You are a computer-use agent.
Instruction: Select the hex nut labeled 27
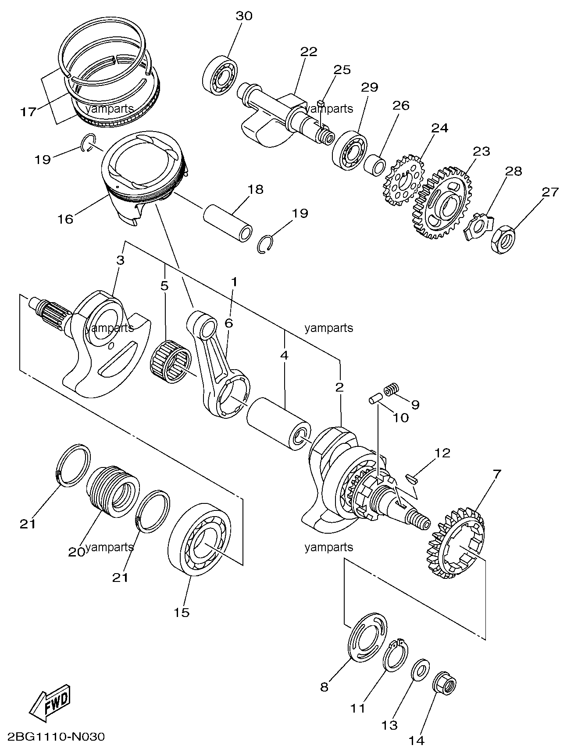(x=503, y=239)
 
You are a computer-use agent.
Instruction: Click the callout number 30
(x=244, y=16)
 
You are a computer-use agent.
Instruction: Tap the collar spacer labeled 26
(x=375, y=165)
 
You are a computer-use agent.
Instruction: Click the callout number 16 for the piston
(x=66, y=218)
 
